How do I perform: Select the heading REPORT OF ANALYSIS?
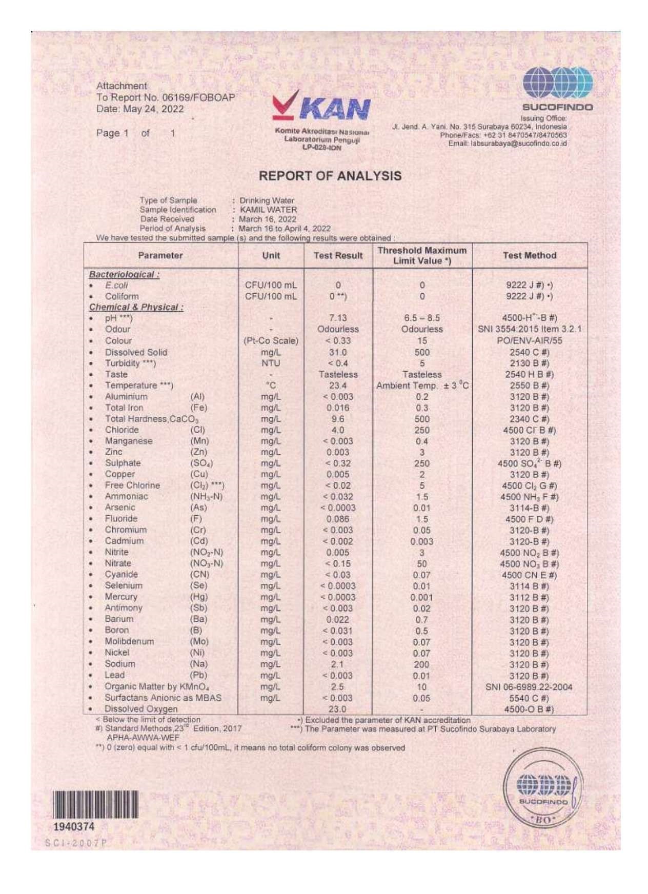[x=330, y=176]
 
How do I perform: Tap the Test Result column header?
[x=338, y=255]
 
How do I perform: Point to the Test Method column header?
[x=529, y=255]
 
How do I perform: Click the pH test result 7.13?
[x=338, y=318]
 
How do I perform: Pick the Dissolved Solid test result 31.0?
[x=338, y=352]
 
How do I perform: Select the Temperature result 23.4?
[x=338, y=385]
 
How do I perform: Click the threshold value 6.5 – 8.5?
[x=421, y=318]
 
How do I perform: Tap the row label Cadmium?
[x=124, y=541]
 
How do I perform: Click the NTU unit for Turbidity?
[x=271, y=363]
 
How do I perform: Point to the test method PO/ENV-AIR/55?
[x=529, y=340]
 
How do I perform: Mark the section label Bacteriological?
[x=124, y=274]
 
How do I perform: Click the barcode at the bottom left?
[x=95, y=804]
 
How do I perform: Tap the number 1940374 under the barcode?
[x=74, y=826]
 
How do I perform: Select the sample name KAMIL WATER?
[x=268, y=210]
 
